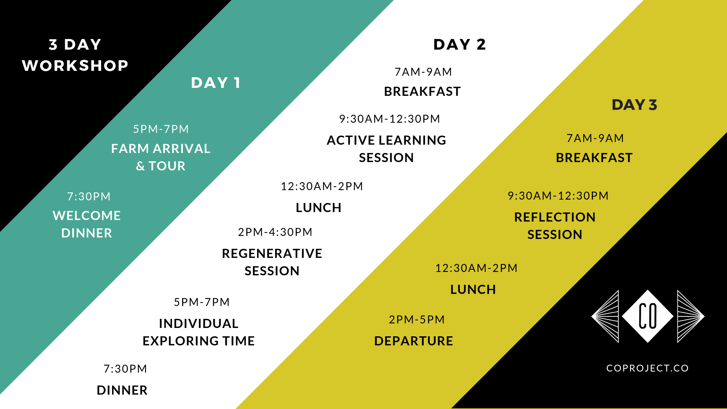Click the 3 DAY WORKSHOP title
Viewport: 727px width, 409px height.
point(75,55)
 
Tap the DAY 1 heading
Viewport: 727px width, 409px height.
point(216,83)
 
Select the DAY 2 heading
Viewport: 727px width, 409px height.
point(460,45)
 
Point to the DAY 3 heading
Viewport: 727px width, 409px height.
point(634,105)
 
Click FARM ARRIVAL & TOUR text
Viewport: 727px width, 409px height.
point(161,157)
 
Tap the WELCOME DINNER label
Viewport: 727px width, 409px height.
point(87,224)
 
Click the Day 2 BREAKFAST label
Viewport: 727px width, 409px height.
point(422,91)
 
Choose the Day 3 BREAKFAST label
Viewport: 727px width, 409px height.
point(594,158)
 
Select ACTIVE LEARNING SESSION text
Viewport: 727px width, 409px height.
point(386,149)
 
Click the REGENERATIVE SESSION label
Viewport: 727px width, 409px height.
point(272,262)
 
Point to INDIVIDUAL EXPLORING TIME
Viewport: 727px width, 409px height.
point(198,332)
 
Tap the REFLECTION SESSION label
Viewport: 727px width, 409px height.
point(555,226)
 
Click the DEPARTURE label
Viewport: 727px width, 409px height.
point(413,341)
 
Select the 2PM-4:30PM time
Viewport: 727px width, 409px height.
point(275,232)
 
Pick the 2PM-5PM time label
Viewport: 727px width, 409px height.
point(417,319)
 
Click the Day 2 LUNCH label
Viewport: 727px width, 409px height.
point(318,208)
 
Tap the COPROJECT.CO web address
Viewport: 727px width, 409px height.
point(647,368)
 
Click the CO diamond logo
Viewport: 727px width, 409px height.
point(647,316)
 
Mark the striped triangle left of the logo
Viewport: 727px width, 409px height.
point(605,316)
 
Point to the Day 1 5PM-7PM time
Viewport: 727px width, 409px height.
point(161,129)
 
